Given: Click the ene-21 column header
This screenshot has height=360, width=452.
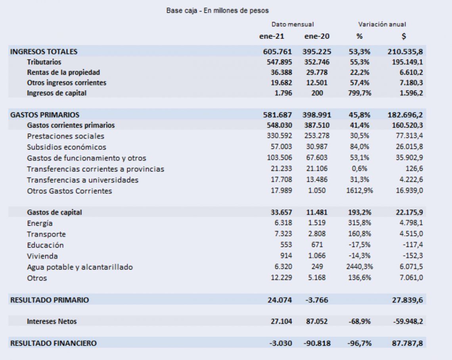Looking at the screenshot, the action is pos(272,37).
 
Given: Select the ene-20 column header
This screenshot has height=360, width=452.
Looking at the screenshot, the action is pos(317,37).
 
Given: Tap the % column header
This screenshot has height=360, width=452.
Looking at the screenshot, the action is pos(359,37).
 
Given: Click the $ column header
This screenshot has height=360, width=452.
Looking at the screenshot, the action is pos(404,37).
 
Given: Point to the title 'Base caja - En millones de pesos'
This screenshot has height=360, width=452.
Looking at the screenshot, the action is pos(217,11).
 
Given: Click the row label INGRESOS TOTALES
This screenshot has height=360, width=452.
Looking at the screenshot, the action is pos(44,52).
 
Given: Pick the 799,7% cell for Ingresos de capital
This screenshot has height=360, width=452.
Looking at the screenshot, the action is pos(360,93).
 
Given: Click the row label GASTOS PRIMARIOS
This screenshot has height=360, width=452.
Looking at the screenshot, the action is pos(45,115).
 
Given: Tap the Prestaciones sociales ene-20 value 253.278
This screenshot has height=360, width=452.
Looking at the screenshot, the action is pos(317,136).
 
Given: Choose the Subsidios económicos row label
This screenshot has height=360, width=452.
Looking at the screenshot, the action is pos(67,147).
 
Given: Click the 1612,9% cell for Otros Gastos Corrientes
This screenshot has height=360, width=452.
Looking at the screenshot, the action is pos(360,191).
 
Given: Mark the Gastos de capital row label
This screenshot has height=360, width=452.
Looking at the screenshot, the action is pos(54,212).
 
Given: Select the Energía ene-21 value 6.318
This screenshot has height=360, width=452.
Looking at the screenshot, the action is pos(283,223).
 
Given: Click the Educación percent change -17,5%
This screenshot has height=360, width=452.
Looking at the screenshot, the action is pos(360,245).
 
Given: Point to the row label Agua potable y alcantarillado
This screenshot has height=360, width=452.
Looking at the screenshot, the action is pos(80,267).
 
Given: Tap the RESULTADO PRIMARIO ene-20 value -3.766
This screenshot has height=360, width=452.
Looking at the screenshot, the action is pos(317,300).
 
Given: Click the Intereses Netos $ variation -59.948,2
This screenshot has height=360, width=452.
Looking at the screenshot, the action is pos(408,321).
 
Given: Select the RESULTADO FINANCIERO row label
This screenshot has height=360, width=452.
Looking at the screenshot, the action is pos(54,343).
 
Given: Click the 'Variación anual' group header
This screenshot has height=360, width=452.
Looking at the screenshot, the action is pos(382,25).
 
